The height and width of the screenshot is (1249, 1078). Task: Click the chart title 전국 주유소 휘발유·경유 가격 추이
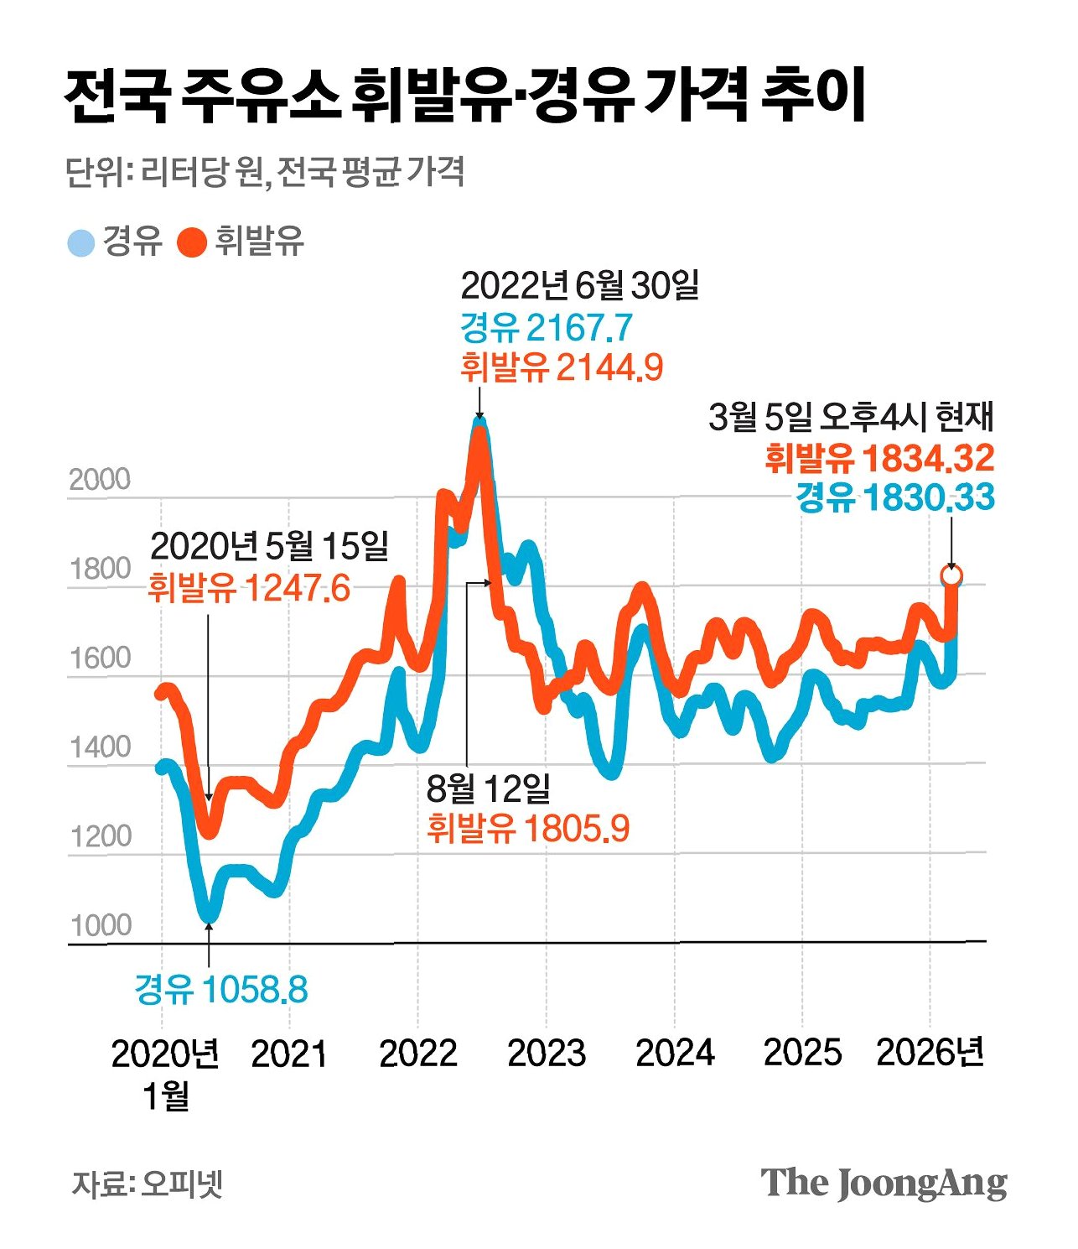point(465,96)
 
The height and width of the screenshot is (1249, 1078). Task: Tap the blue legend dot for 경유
point(81,243)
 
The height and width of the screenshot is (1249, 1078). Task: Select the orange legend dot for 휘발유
point(192,243)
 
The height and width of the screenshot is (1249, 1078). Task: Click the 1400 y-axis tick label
point(101,747)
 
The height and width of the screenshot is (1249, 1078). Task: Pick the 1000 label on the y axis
point(101,926)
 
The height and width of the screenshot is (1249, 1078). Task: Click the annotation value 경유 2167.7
point(546,327)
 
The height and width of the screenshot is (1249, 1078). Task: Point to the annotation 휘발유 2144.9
point(562,367)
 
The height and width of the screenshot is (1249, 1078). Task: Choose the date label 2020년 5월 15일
point(269,546)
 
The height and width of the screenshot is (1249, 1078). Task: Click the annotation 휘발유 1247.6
point(249,588)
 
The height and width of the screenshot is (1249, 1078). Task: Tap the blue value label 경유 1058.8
point(221,990)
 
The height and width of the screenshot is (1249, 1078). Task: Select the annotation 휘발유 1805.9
point(528,829)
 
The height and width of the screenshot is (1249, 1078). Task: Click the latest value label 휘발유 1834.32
point(879,458)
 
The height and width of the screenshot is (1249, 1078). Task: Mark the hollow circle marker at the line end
point(951,576)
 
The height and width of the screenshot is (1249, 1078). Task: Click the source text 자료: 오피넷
point(148,1184)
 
